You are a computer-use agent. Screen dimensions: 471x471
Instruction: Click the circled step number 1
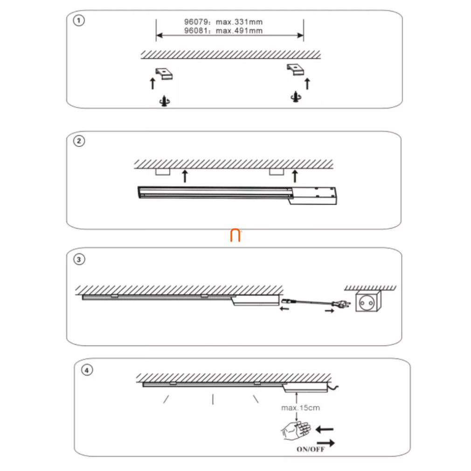(x=79, y=21)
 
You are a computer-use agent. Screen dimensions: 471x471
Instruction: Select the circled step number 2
(x=79, y=141)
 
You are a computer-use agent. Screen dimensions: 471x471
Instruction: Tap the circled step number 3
(x=79, y=259)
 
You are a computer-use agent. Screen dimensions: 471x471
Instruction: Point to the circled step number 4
(x=87, y=370)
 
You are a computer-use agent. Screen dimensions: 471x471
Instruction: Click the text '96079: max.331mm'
(x=223, y=22)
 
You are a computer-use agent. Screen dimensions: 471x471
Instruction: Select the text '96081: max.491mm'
(x=223, y=31)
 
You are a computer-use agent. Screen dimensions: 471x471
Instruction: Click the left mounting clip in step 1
(x=164, y=74)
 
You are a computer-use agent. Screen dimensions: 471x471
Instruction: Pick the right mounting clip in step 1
(x=295, y=69)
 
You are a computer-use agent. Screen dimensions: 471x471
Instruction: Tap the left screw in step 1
(x=165, y=101)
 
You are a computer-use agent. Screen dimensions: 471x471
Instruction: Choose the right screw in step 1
(x=296, y=97)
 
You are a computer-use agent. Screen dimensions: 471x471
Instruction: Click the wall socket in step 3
(x=368, y=301)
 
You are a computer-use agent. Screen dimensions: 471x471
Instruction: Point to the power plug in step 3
(x=341, y=305)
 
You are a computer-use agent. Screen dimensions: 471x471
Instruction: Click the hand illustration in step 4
(x=296, y=431)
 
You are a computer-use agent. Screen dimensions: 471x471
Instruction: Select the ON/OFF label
(x=311, y=450)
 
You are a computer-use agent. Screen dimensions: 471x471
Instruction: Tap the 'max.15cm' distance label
(x=300, y=408)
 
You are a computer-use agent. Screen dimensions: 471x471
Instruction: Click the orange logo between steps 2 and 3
(x=235, y=235)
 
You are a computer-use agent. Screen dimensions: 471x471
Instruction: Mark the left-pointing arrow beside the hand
(x=325, y=429)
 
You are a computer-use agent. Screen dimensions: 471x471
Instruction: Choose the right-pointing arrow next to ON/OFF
(x=326, y=443)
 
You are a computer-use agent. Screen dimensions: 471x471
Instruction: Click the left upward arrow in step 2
(x=185, y=176)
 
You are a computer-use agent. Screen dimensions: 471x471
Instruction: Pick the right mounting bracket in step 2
(x=277, y=172)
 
